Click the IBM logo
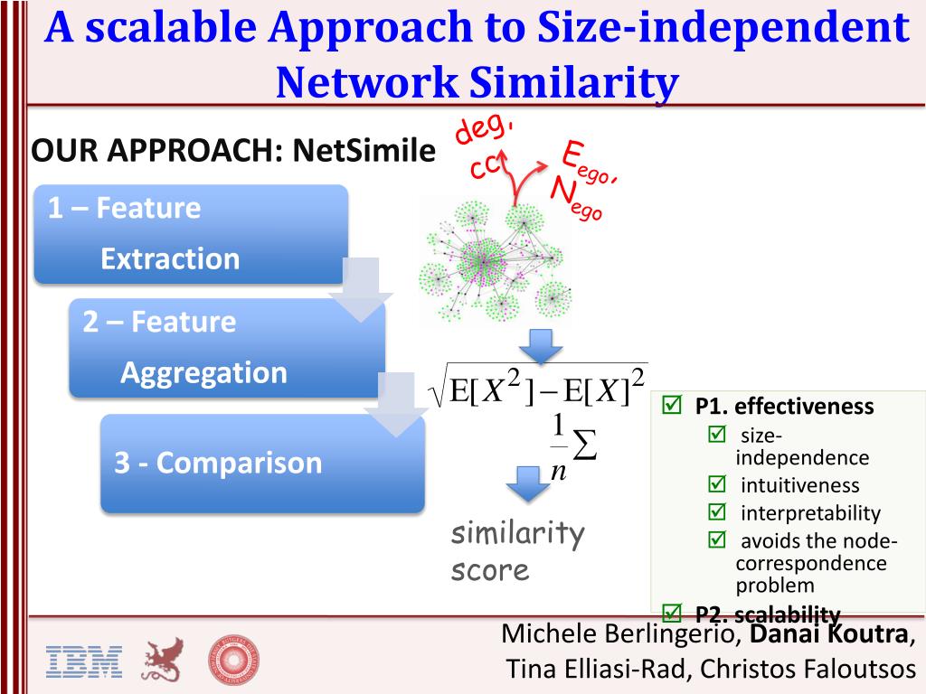point(83,661)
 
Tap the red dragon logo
point(162,660)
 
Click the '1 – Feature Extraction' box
point(190,234)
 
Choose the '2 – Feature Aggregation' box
point(226,348)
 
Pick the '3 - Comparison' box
point(261,463)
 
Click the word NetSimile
point(364,151)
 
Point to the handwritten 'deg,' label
point(483,129)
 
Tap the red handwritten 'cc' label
point(486,166)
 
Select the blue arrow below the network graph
point(540,344)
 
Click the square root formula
point(539,386)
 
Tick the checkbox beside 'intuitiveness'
point(717,484)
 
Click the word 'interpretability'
point(810,513)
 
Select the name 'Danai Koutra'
point(829,634)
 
